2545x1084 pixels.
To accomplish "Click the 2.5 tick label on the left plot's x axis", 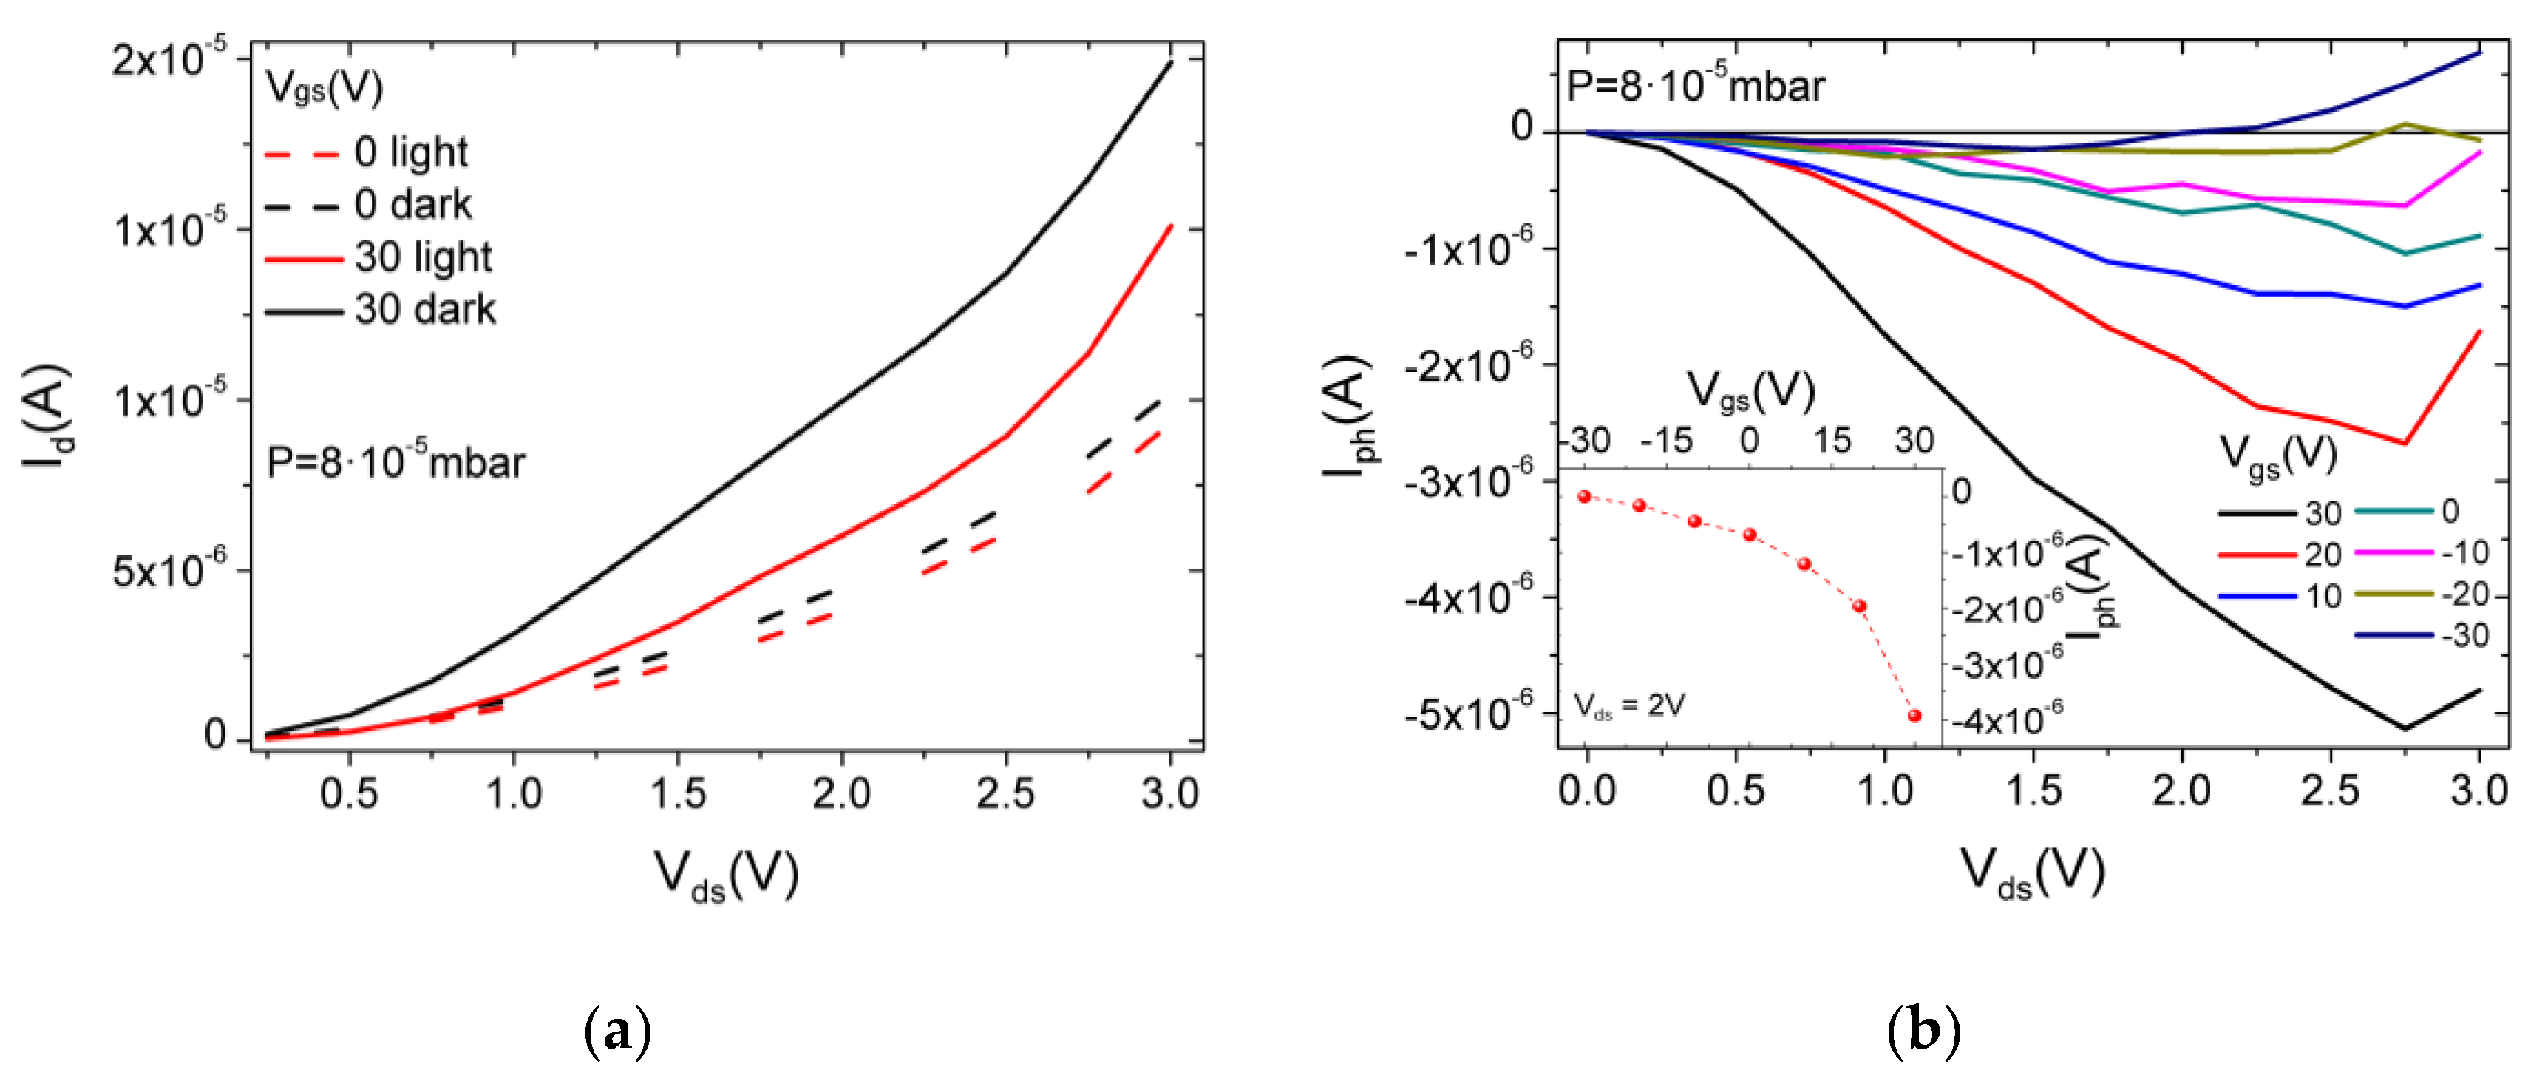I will click(1005, 793).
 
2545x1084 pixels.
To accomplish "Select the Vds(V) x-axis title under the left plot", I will click(726, 875).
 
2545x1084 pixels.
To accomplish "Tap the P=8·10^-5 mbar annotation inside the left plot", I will click(395, 461).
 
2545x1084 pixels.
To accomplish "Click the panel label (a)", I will click(619, 1031).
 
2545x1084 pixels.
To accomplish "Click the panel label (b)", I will click(1923, 1031).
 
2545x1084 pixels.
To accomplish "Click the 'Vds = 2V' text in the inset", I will click(1629, 705).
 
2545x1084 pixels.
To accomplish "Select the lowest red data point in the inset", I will click(1914, 716).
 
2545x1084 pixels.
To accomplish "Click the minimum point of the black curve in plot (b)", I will click(2405, 729).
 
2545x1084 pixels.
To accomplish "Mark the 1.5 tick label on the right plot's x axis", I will click(2033, 791).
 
